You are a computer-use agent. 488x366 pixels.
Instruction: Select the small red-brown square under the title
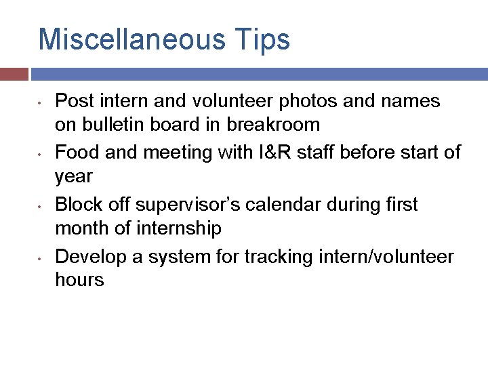click(14, 74)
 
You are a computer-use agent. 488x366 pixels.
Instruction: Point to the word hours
click(79, 280)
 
